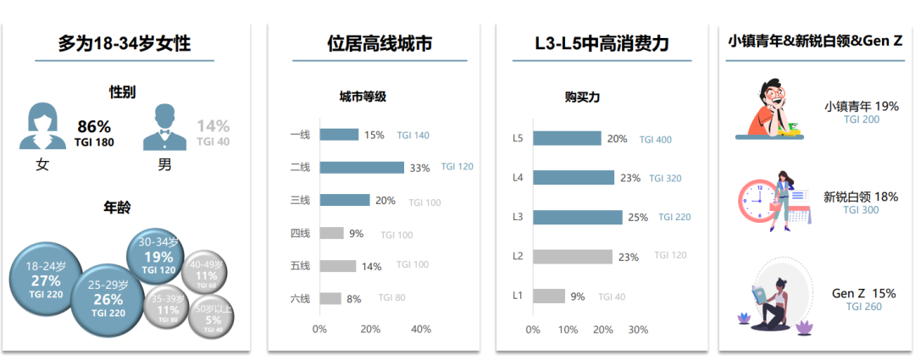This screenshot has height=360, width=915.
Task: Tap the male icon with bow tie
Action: tap(164, 127)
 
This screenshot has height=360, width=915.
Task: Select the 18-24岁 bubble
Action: tap(45, 278)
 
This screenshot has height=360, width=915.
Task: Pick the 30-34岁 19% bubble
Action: tap(158, 256)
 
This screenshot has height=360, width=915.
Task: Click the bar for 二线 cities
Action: tap(362, 167)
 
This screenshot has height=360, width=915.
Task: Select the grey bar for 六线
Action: tap(330, 298)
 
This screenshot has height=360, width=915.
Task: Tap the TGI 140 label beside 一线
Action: tap(413, 136)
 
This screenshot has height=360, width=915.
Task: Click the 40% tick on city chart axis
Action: tap(421, 330)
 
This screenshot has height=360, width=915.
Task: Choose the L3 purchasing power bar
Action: tap(577, 217)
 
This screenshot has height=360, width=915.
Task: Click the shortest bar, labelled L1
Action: tap(549, 296)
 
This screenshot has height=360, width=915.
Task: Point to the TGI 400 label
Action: tap(655, 140)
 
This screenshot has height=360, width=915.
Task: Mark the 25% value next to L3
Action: tap(638, 218)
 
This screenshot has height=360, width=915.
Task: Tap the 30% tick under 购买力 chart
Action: tap(638, 330)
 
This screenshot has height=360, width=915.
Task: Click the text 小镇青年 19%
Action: tap(861, 107)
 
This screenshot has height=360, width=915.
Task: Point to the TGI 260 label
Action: tap(863, 307)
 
